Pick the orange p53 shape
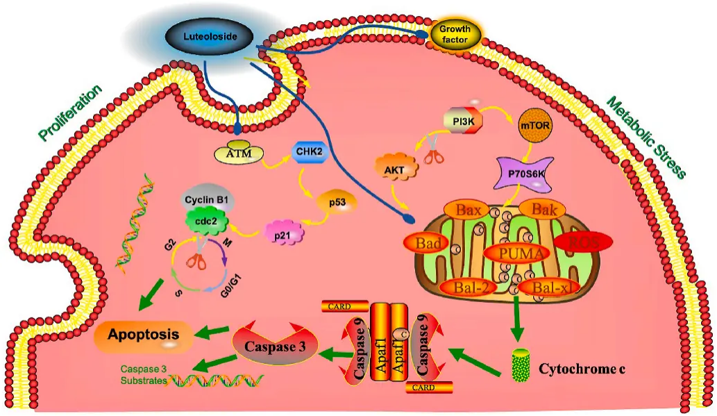(337, 202)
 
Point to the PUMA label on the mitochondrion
(515, 253)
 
